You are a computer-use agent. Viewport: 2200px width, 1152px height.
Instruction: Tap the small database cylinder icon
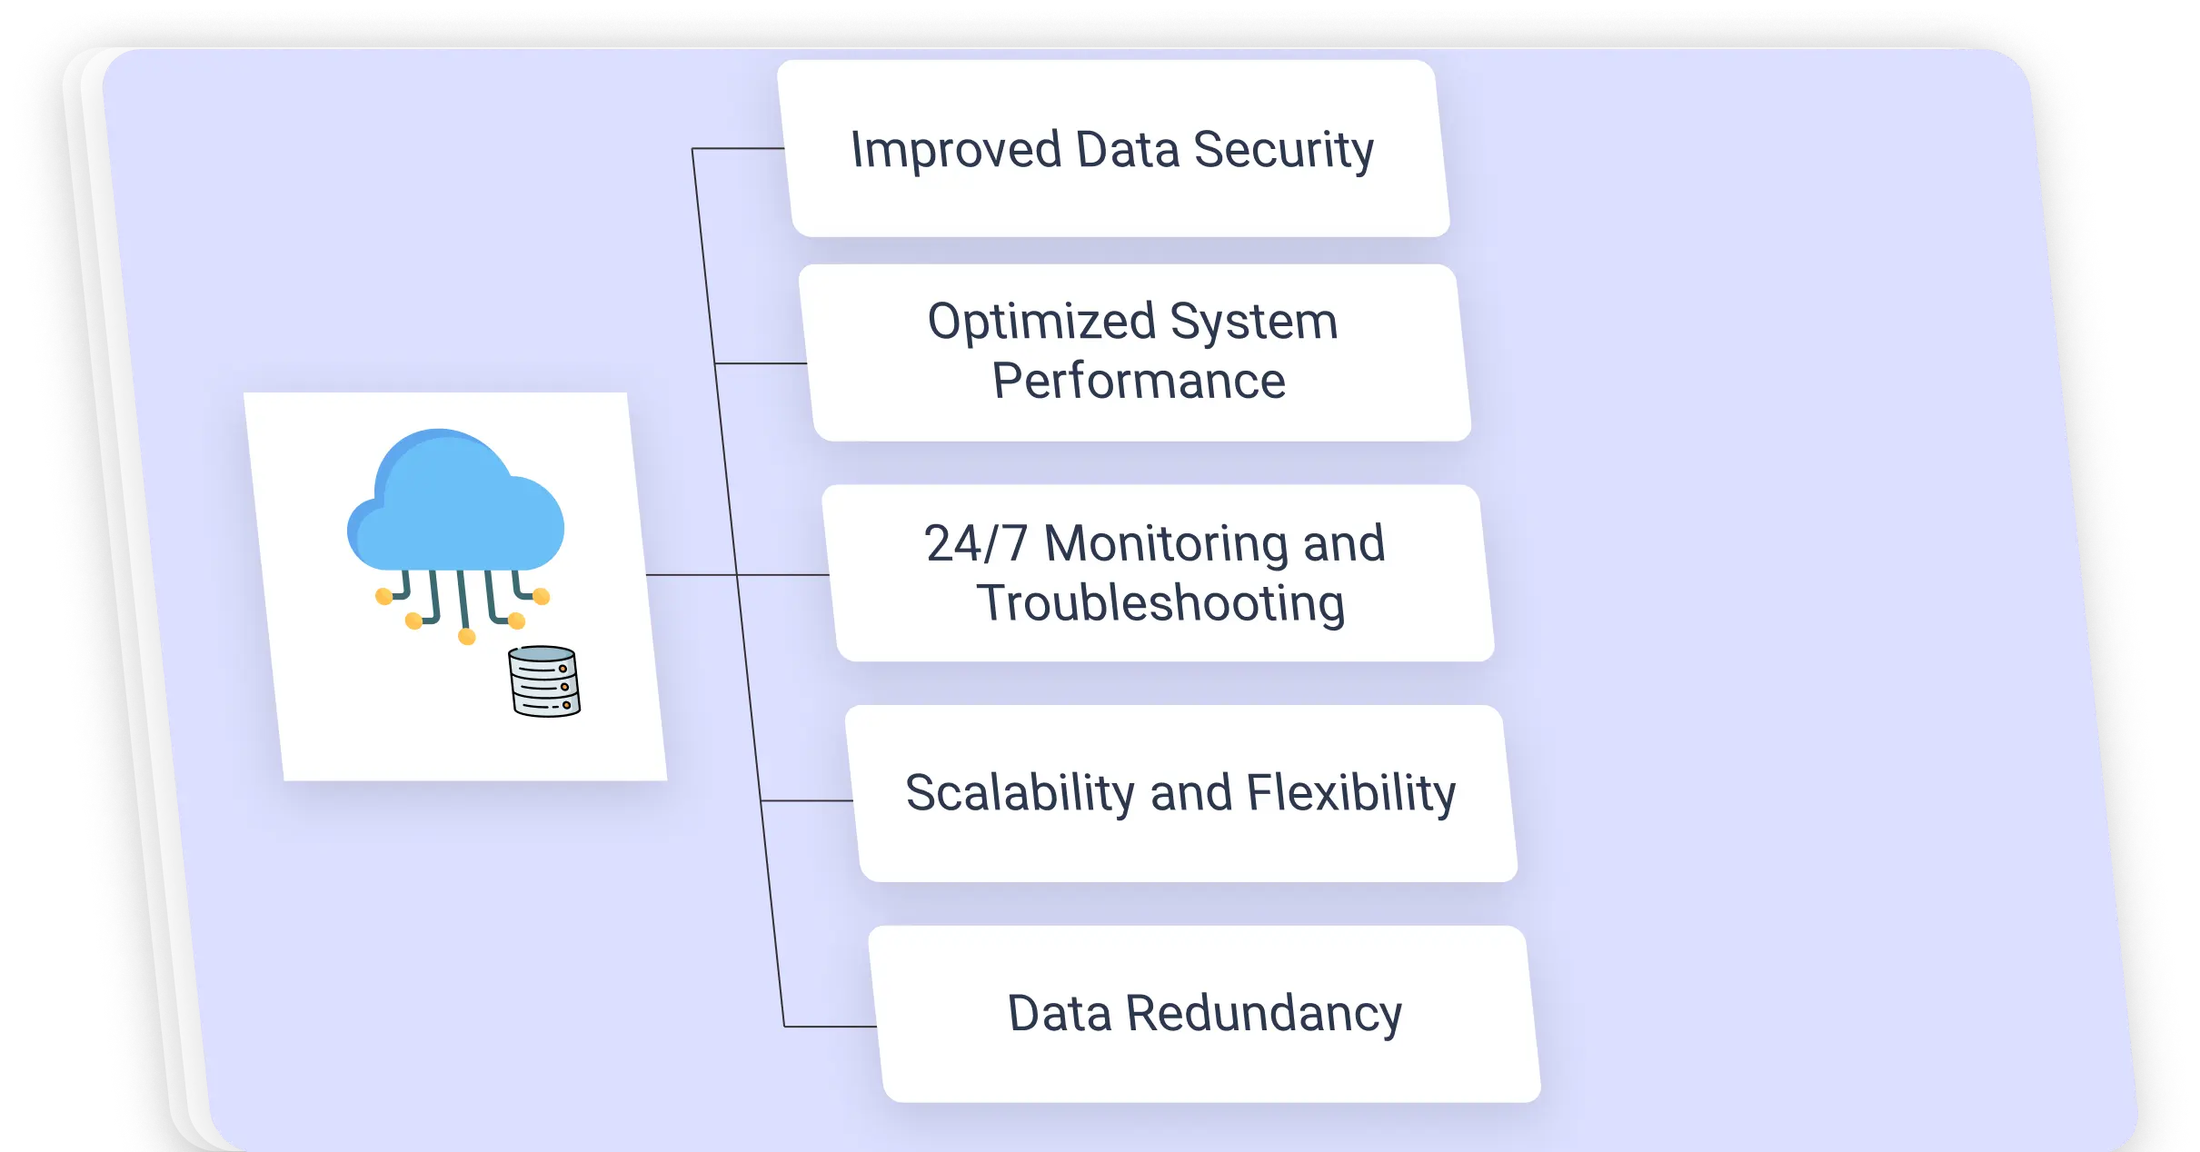tap(544, 681)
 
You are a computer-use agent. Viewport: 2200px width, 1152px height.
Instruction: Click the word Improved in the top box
tap(956, 150)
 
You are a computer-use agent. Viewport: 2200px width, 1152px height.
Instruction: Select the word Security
tap(1283, 151)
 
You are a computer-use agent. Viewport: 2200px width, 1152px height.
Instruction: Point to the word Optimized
tap(1041, 323)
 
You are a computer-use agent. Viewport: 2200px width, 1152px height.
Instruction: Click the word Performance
tap(1139, 381)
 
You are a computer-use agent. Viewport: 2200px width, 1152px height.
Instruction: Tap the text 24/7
tap(975, 544)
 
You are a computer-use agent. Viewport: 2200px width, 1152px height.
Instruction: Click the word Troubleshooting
tap(1160, 604)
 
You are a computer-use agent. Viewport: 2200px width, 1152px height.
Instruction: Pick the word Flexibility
tap(1350, 793)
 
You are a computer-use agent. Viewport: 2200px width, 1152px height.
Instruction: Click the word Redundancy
tap(1264, 1014)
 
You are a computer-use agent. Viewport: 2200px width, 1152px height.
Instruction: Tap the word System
tap(1253, 323)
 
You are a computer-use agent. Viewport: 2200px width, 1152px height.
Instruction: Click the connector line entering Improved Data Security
tap(738, 148)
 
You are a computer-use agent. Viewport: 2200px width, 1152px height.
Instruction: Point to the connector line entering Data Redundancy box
tap(829, 1027)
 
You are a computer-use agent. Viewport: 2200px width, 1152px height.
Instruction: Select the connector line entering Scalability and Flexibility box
tap(806, 800)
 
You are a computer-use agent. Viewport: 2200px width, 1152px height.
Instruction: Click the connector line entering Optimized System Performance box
tap(761, 363)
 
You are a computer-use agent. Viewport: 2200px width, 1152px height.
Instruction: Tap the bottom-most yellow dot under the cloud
tap(467, 637)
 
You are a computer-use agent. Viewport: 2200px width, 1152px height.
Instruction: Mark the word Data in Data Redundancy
tap(1059, 1014)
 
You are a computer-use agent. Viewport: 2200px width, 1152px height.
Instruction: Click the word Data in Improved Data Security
tap(1127, 150)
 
